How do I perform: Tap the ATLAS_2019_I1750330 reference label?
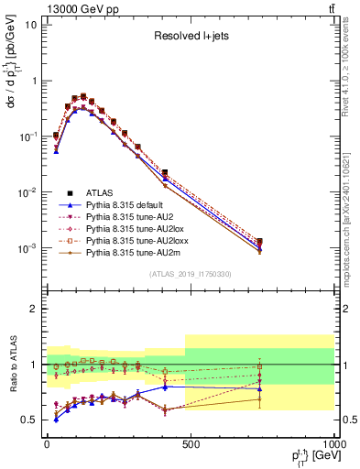pyautogui.click(x=189, y=274)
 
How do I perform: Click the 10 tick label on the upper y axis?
pyautogui.click(x=31, y=25)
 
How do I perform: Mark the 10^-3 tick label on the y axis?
pyautogui.click(x=28, y=249)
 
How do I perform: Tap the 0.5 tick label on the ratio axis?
pyautogui.click(x=28, y=420)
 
